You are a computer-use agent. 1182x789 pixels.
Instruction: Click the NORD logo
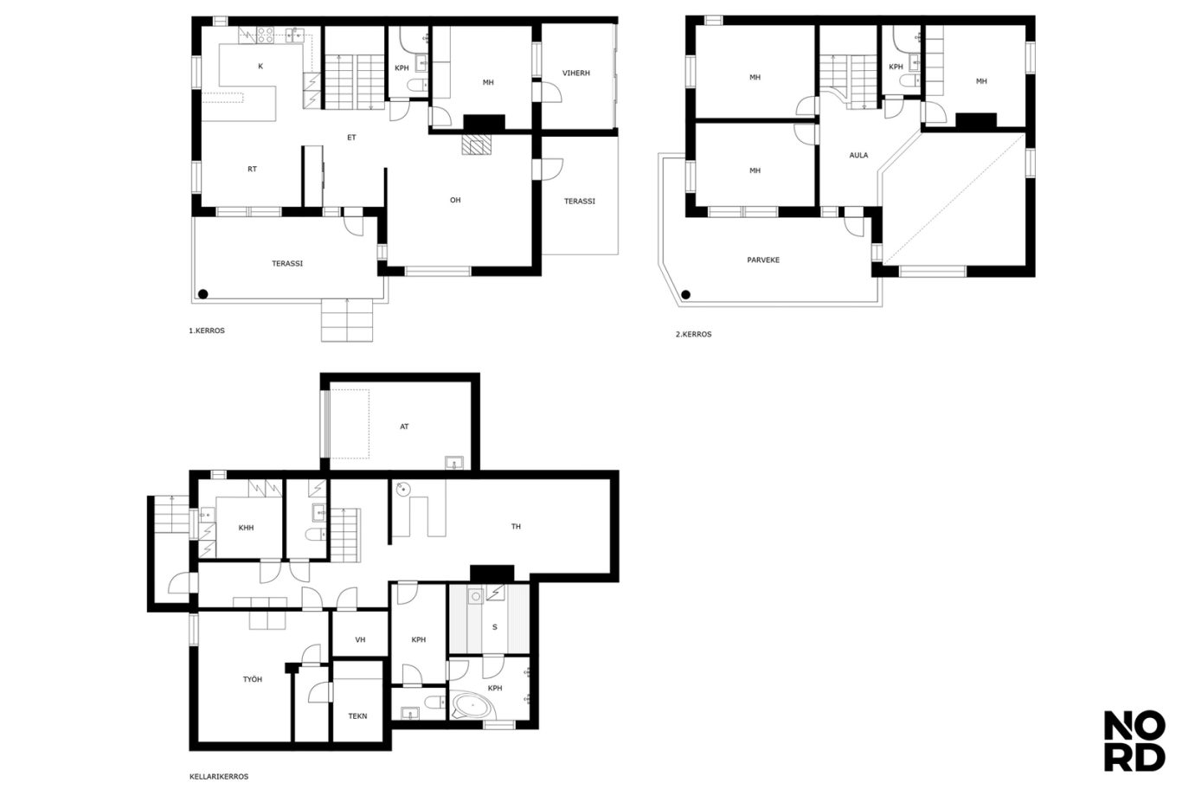click(x=1134, y=741)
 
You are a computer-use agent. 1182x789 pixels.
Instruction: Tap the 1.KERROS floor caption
click(x=207, y=330)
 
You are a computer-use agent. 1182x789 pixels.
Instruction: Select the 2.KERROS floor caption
click(x=693, y=334)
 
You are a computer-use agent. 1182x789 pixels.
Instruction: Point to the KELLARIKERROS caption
click(x=219, y=776)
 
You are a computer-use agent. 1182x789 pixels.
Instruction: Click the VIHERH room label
click(x=575, y=73)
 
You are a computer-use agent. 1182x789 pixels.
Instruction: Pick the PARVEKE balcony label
click(x=763, y=260)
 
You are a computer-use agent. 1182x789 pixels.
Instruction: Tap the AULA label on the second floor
click(x=858, y=155)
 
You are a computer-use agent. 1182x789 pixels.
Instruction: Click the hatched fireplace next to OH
click(x=476, y=144)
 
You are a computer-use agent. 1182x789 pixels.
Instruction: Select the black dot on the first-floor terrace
click(x=202, y=294)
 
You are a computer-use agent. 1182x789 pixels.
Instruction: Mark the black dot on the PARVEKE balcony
click(x=685, y=294)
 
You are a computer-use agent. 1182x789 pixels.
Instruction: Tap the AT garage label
click(x=404, y=427)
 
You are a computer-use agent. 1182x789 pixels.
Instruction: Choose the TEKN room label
click(x=357, y=716)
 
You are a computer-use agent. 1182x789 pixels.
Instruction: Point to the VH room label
click(x=360, y=639)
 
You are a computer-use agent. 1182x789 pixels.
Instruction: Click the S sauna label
click(x=494, y=627)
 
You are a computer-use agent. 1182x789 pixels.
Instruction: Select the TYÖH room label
click(x=252, y=679)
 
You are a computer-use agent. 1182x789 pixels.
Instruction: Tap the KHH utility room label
click(x=246, y=528)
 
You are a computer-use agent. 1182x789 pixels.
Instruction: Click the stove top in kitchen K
click(x=265, y=35)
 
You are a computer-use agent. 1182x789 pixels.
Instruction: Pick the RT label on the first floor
click(x=252, y=170)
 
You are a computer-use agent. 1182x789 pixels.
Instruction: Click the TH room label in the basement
click(x=516, y=526)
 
